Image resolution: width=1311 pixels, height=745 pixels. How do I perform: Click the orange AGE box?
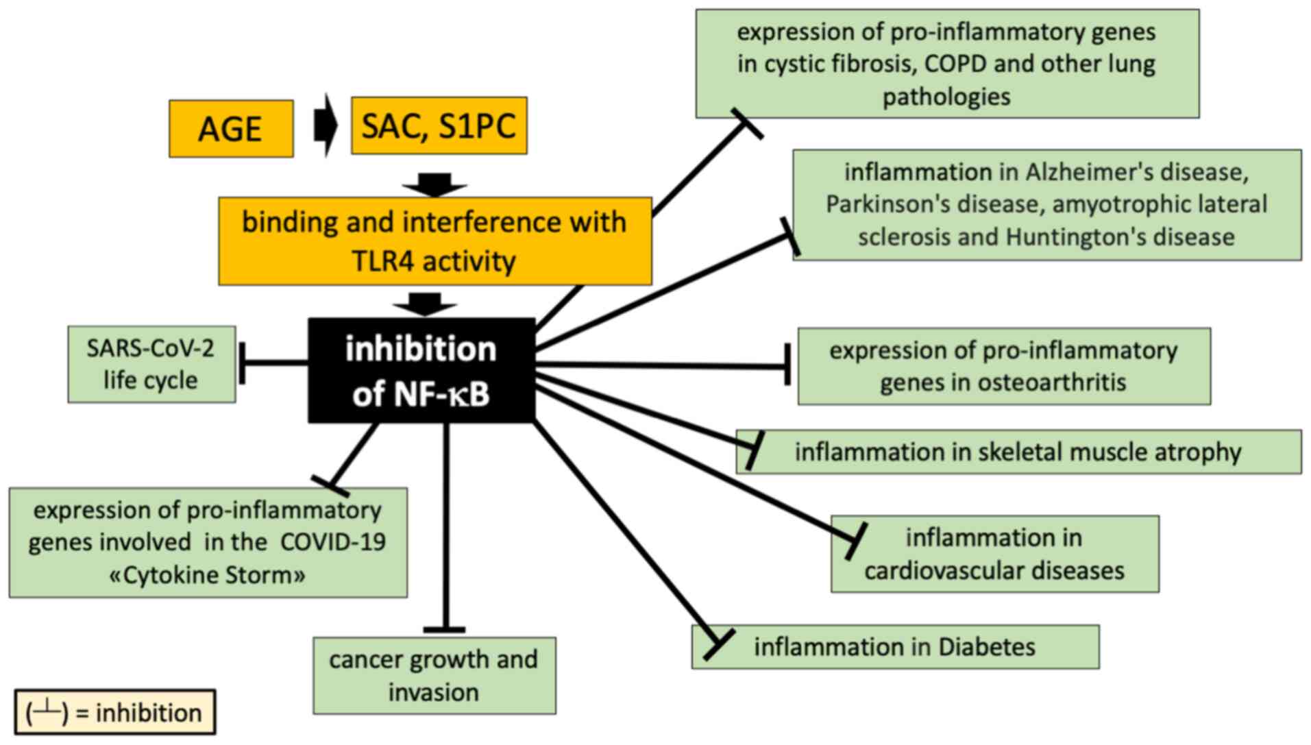[x=231, y=129]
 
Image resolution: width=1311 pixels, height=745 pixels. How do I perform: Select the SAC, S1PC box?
[x=439, y=125]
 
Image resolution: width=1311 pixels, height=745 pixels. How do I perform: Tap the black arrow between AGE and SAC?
[x=326, y=126]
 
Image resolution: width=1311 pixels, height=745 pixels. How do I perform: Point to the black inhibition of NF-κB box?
[x=421, y=370]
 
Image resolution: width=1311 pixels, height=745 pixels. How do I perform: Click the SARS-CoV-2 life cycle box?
[x=151, y=364]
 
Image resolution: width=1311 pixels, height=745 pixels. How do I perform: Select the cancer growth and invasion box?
[x=434, y=676]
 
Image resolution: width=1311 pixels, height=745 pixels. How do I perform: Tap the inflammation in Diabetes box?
[x=896, y=646]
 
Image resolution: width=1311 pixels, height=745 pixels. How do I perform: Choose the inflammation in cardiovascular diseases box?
[x=995, y=554]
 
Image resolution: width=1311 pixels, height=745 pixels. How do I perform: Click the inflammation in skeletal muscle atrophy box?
[x=1018, y=452]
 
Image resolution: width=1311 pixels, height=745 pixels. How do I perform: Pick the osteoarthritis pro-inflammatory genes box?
[x=1004, y=366]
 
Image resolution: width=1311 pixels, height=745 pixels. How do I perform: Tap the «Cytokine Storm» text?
[x=208, y=574]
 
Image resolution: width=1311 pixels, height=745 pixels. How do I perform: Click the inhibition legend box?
[x=115, y=712]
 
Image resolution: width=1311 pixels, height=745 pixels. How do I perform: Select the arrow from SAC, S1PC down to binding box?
[x=435, y=184]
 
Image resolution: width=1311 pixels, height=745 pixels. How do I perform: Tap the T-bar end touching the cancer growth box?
[x=445, y=629]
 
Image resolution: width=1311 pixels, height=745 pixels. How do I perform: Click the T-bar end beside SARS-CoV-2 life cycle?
[x=242, y=363]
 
